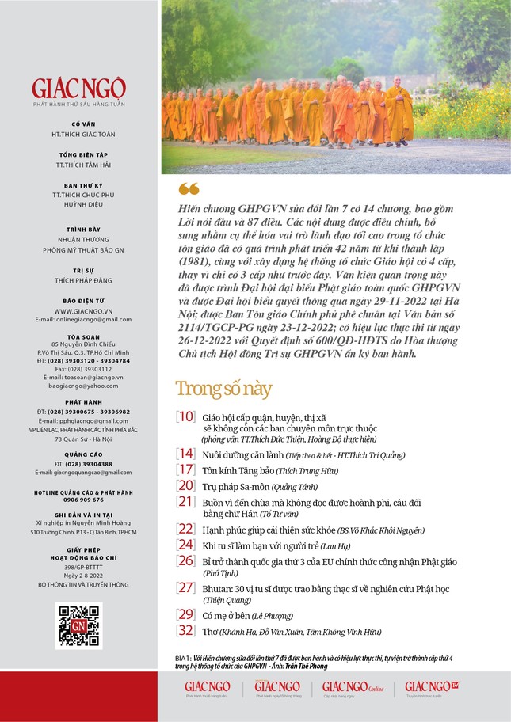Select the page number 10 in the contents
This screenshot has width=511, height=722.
point(185,416)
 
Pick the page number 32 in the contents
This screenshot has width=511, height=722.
point(185,630)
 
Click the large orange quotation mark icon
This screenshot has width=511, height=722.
point(189,189)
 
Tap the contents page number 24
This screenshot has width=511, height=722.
point(185,544)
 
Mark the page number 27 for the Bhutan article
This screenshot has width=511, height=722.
point(185,587)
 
